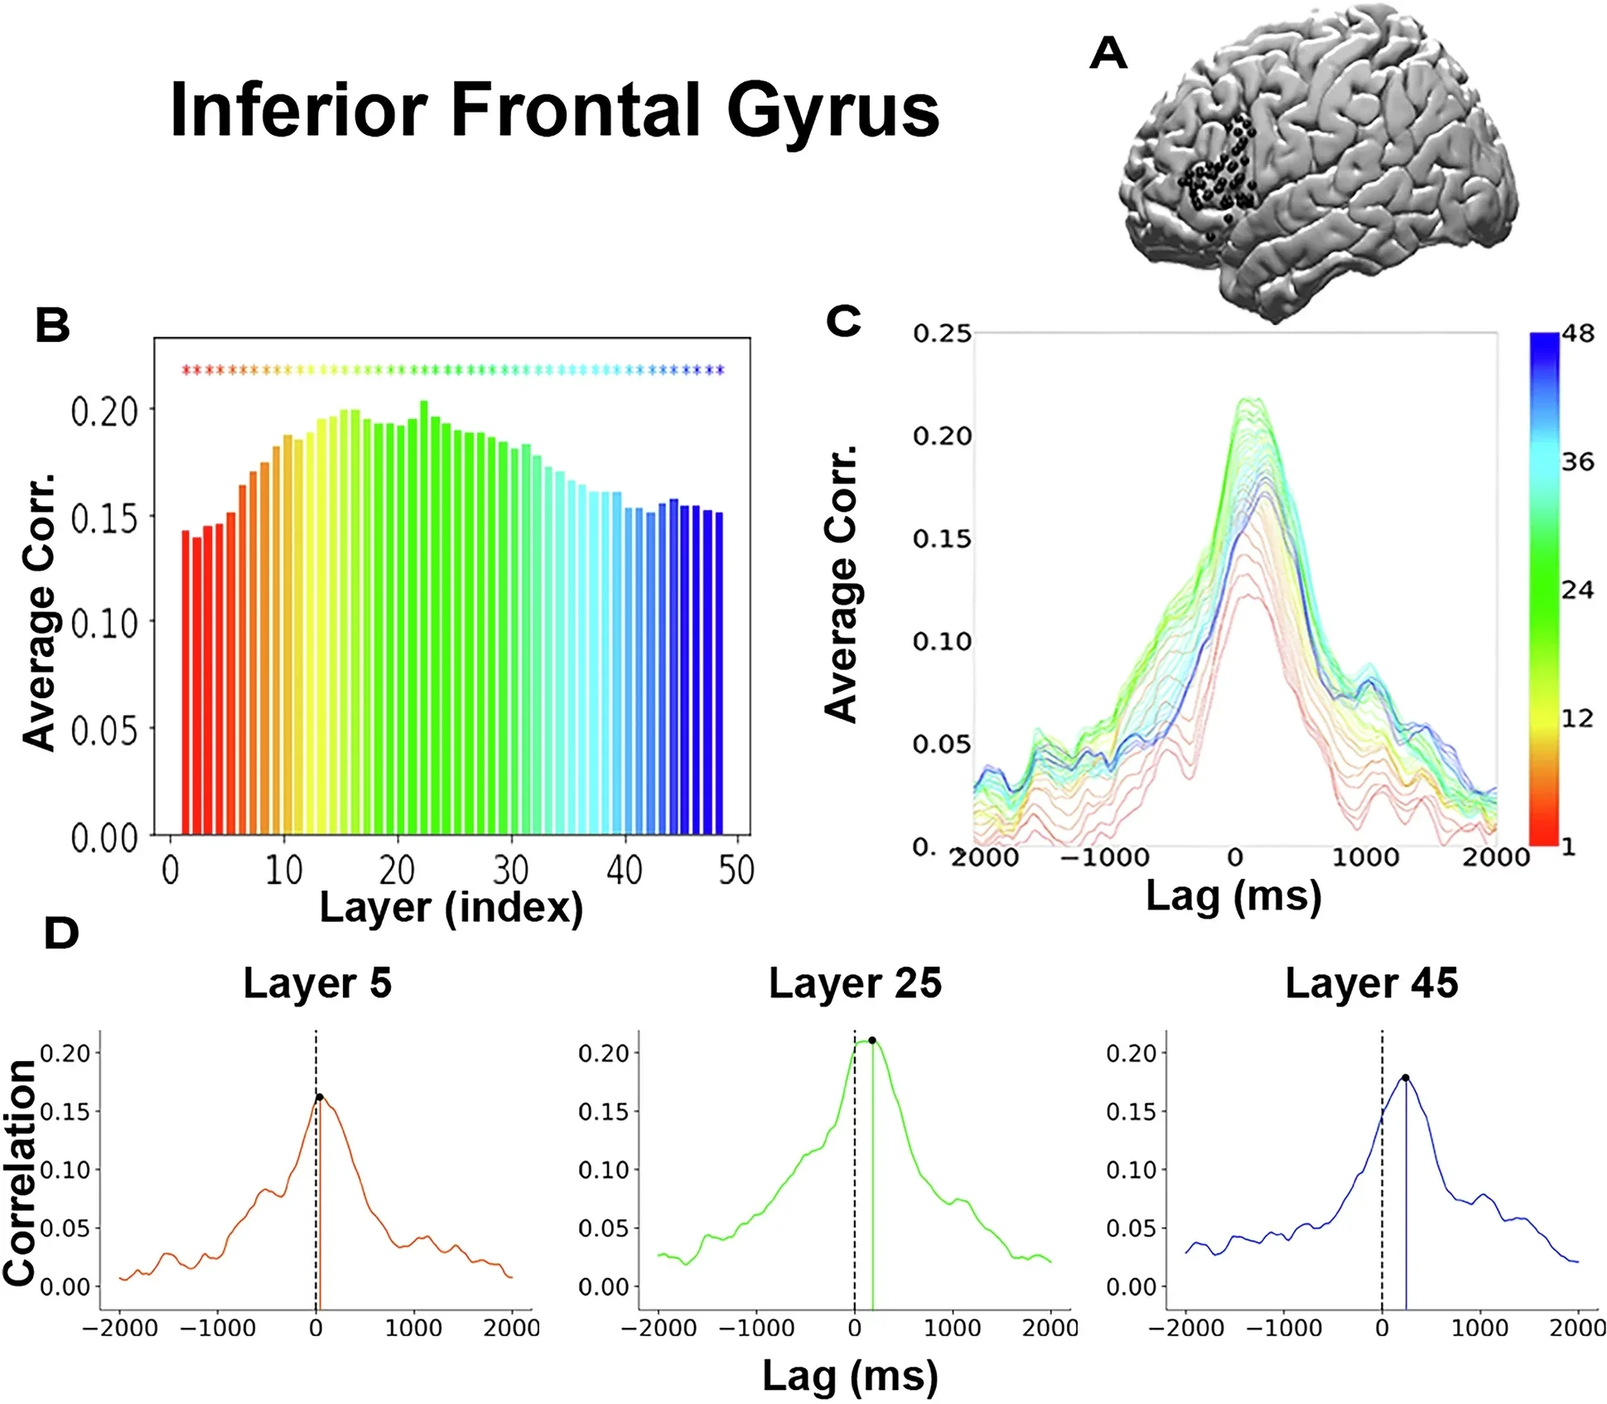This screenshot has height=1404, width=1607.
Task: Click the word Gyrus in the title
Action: (x=832, y=112)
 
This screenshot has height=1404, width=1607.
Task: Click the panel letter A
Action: (x=1108, y=54)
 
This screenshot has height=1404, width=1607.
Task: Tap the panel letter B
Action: (x=52, y=326)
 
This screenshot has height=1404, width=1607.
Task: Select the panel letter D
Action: (x=60, y=934)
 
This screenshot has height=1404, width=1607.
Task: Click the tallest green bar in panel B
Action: (x=424, y=617)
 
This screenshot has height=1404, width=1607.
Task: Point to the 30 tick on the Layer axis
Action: (x=510, y=871)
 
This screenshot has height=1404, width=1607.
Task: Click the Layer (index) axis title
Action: (x=451, y=908)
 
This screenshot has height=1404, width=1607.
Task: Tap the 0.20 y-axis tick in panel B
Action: (x=104, y=411)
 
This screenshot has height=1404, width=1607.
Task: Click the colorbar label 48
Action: (x=1578, y=334)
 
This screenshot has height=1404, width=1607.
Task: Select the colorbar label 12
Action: (x=1577, y=718)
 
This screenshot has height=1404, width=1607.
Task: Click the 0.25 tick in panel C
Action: (x=942, y=334)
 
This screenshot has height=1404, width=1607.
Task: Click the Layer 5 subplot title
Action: (x=317, y=984)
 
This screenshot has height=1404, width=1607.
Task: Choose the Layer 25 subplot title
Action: (x=855, y=984)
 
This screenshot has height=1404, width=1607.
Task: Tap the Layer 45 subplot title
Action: (x=1371, y=984)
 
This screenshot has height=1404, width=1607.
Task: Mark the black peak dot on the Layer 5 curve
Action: (x=320, y=1098)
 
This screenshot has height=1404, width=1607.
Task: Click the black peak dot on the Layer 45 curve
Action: (x=1406, y=1078)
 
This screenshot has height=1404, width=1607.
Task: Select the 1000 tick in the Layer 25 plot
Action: (x=953, y=1329)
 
